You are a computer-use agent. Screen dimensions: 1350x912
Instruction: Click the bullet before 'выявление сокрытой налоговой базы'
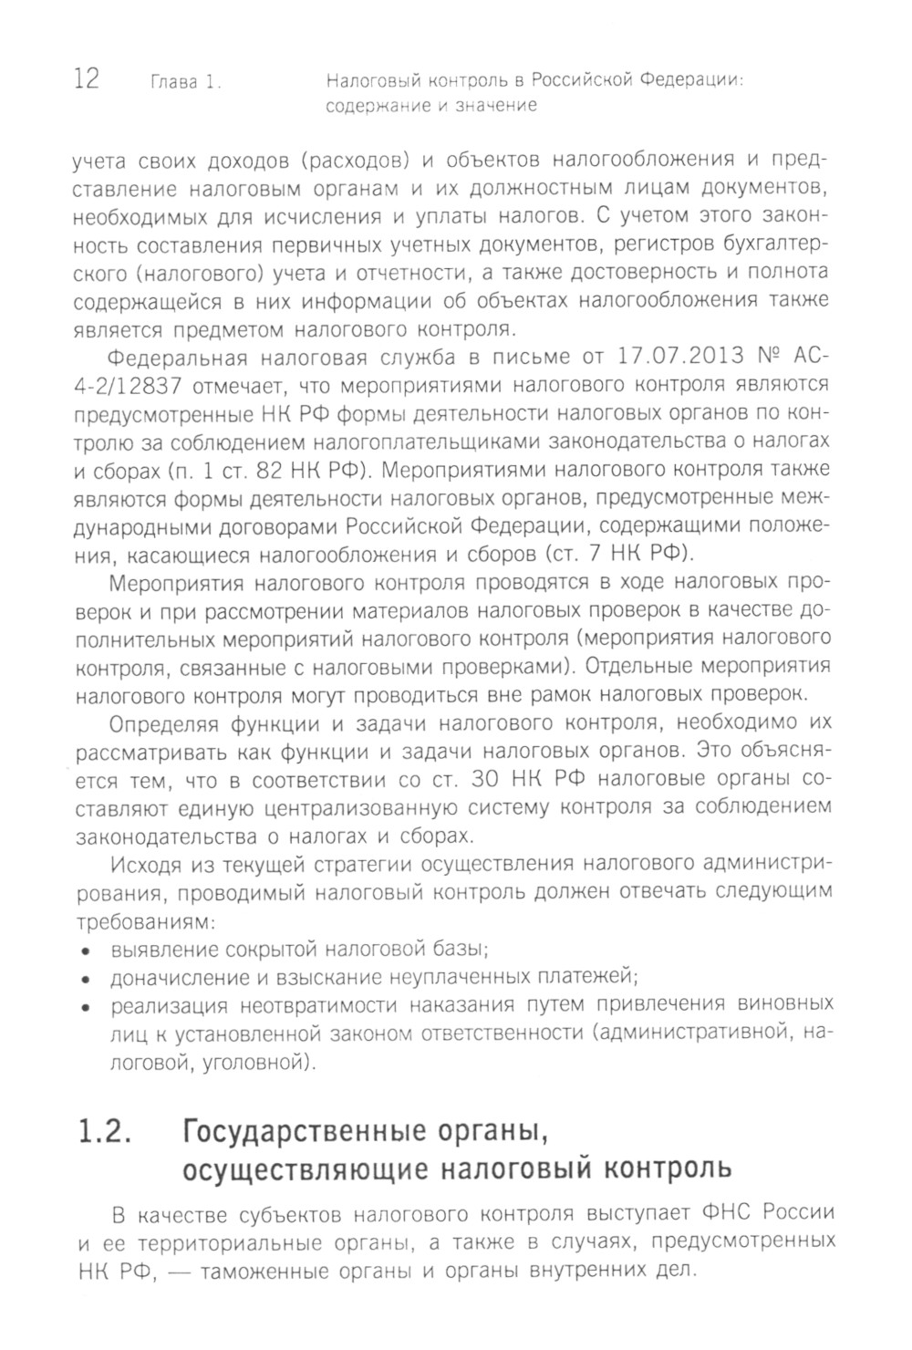pyautogui.click(x=87, y=950)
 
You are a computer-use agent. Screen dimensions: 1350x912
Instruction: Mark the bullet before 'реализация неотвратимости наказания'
pyautogui.click(x=87, y=1008)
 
